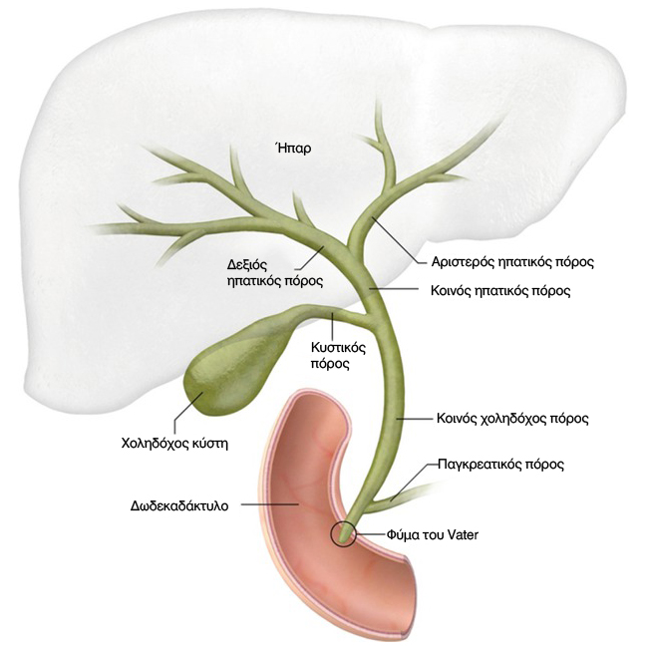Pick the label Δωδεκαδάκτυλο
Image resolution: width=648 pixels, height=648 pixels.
click(180, 505)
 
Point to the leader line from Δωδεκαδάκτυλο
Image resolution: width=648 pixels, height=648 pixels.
click(269, 505)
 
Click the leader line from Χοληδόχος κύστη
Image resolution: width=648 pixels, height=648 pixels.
click(183, 411)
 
